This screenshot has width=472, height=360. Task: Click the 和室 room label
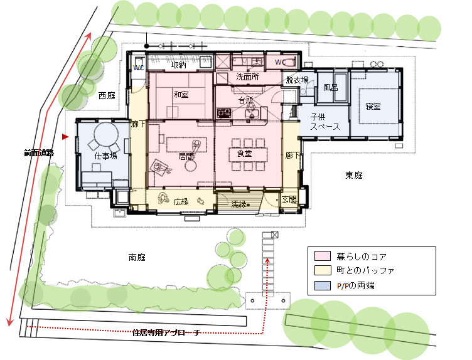click(x=181, y=95)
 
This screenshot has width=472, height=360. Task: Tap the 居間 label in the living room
click(x=186, y=156)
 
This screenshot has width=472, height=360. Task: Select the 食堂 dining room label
click(x=244, y=154)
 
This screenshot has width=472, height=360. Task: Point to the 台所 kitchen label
click(x=245, y=100)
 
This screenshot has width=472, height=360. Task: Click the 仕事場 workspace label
click(x=105, y=156)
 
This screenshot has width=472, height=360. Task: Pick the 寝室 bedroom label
click(x=373, y=106)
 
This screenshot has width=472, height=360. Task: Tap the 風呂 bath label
click(x=331, y=88)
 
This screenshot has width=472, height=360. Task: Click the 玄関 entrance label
click(x=289, y=199)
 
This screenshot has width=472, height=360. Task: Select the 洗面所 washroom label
click(x=247, y=77)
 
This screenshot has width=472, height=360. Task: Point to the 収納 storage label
click(x=179, y=65)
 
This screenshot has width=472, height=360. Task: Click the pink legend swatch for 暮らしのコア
click(x=323, y=256)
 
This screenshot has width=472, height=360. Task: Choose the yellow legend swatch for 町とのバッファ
click(x=323, y=270)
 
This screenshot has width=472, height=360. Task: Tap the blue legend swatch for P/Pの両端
click(x=323, y=285)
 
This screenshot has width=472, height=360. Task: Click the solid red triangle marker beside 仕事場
click(x=65, y=137)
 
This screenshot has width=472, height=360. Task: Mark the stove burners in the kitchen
click(x=224, y=113)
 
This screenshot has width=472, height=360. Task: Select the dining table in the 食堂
click(x=248, y=154)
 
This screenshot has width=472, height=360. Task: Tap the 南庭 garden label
click(x=137, y=257)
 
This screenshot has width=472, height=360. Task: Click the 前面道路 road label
click(x=39, y=153)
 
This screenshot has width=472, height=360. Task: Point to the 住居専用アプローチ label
click(x=166, y=332)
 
